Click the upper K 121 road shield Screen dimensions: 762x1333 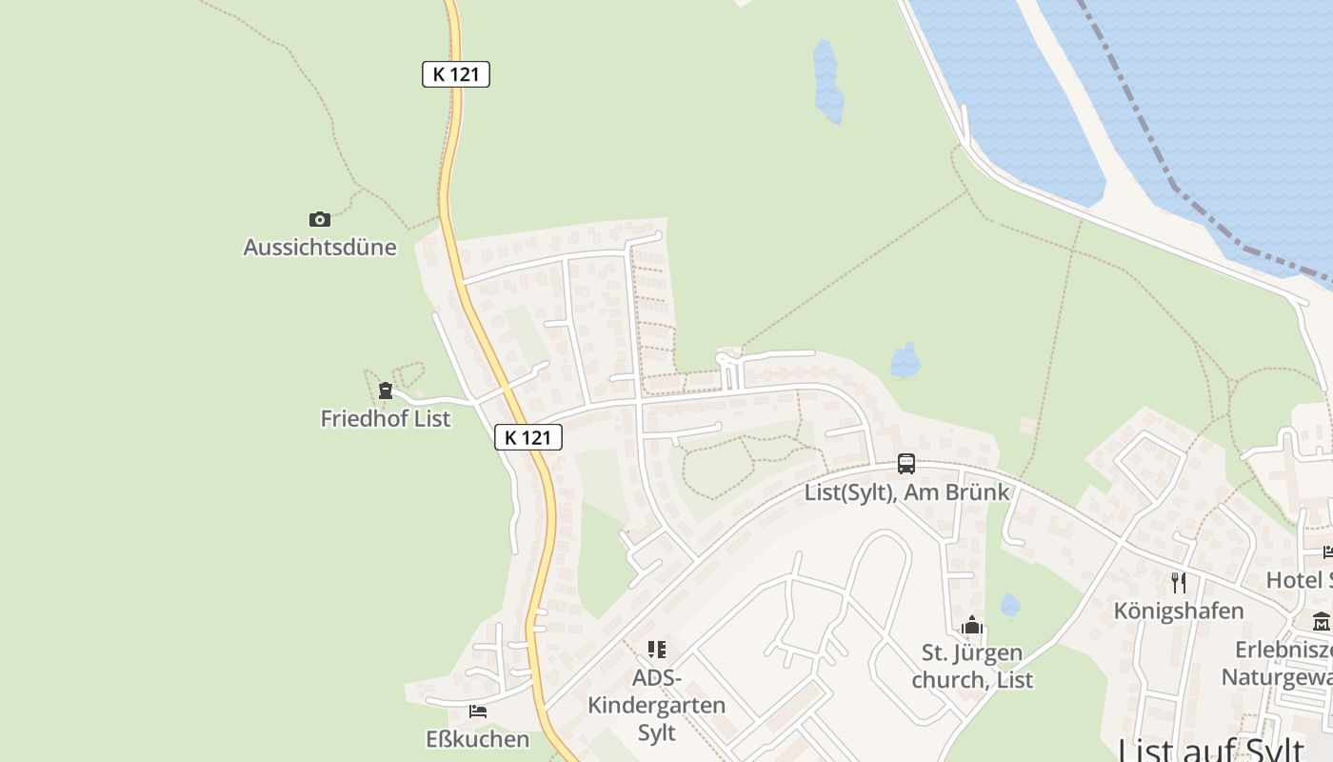pyautogui.click(x=456, y=74)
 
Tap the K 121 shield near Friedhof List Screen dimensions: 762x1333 pyautogui.click(x=528, y=437)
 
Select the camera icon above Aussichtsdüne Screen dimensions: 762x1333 pyautogui.click(x=320, y=219)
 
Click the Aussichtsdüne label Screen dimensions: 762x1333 pyautogui.click(x=320, y=248)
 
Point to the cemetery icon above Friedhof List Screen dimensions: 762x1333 pyautogui.click(x=386, y=390)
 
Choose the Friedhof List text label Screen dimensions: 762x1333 pyautogui.click(x=386, y=418)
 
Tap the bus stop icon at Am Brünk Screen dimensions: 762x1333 pyautogui.click(x=906, y=464)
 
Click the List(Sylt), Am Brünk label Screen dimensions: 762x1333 pyautogui.click(x=906, y=492)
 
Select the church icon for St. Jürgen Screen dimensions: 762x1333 pyautogui.click(x=972, y=625)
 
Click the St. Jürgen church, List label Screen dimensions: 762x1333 pyautogui.click(x=972, y=667)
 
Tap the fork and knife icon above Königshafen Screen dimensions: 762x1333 pyautogui.click(x=1179, y=582)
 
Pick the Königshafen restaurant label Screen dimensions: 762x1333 pyautogui.click(x=1179, y=611)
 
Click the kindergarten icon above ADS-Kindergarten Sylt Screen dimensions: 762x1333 pyautogui.click(x=657, y=650)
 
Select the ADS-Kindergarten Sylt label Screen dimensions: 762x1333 pyautogui.click(x=657, y=706)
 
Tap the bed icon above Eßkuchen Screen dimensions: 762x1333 pyautogui.click(x=478, y=711)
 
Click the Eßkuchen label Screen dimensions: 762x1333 pyautogui.click(x=478, y=739)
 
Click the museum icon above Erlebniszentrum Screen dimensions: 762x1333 pyautogui.click(x=1322, y=622)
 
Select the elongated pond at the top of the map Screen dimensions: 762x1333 pyautogui.click(x=827, y=81)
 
